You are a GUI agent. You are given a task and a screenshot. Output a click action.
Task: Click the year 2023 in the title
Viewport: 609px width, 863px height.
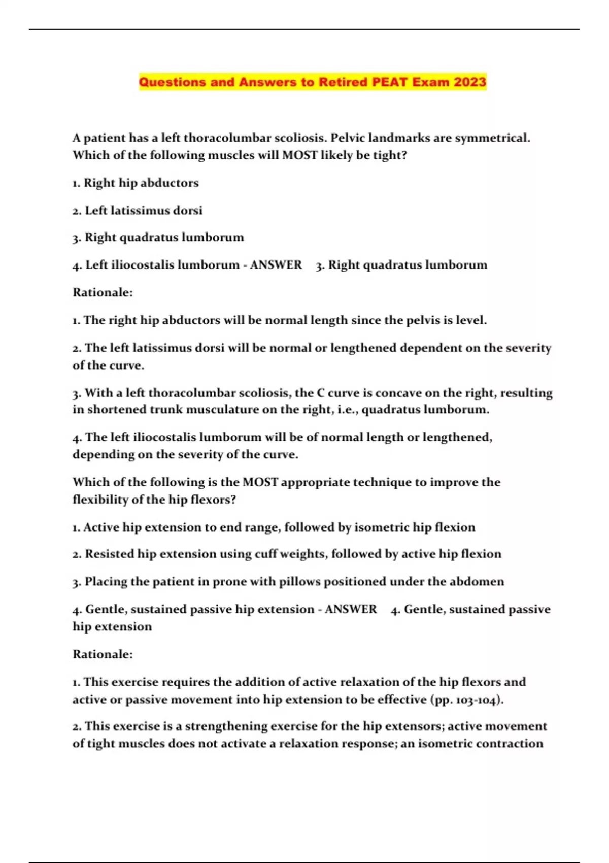point(469,82)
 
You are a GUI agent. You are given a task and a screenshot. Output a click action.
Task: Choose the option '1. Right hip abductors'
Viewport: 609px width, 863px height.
point(136,183)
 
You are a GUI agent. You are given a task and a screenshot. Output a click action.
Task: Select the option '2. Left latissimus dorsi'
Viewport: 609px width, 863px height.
point(137,210)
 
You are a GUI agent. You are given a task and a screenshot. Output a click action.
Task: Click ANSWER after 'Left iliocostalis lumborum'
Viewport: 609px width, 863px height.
point(276,265)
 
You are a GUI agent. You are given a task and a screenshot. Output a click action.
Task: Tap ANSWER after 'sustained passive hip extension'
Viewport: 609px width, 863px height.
point(351,609)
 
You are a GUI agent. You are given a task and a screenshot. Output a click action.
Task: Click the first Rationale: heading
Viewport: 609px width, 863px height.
point(103,292)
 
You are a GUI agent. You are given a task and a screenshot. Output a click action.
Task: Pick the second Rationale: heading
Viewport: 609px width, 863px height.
point(103,654)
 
